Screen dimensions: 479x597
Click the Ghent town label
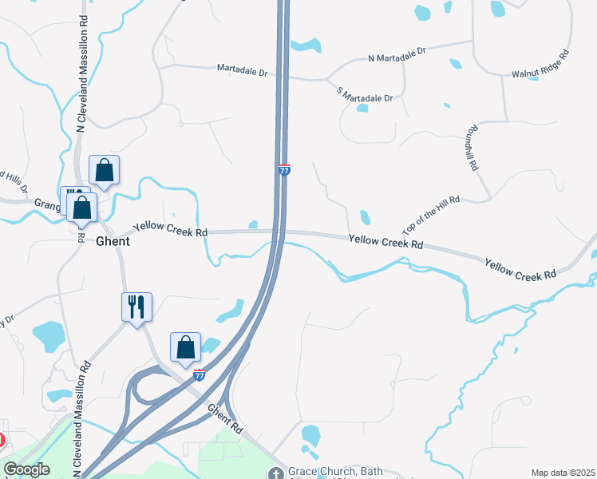(x=113, y=241)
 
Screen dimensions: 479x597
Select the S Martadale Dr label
(x=366, y=93)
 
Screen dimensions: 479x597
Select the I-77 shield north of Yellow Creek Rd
(x=284, y=169)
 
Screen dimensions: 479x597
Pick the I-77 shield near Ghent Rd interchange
(x=200, y=374)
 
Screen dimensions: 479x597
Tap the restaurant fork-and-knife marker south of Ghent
(x=136, y=306)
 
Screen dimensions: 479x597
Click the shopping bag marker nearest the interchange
(x=185, y=346)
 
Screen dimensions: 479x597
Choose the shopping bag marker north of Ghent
(x=104, y=169)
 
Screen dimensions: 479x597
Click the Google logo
(x=26, y=469)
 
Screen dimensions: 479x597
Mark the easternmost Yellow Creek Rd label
(x=520, y=268)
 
